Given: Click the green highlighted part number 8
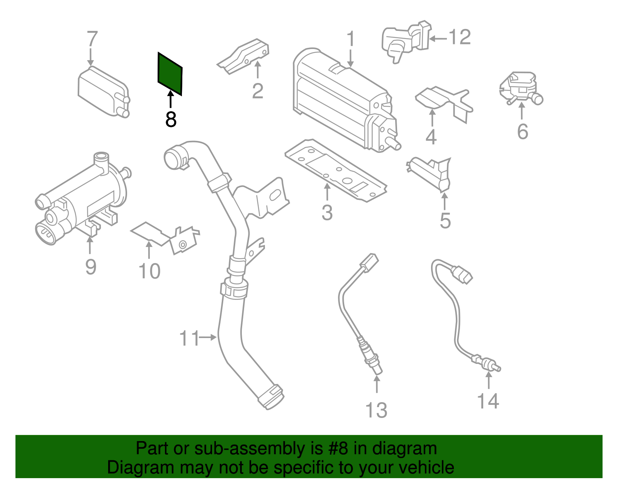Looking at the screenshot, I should pos(170,74).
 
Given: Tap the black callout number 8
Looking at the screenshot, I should pos(171,119).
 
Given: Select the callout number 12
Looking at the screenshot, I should pos(460,38).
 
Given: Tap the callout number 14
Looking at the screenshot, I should pos(488,401).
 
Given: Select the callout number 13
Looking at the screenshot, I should pos(376,410).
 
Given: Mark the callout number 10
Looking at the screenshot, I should pos(149,271).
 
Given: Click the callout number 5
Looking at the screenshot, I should pos(445,221).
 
